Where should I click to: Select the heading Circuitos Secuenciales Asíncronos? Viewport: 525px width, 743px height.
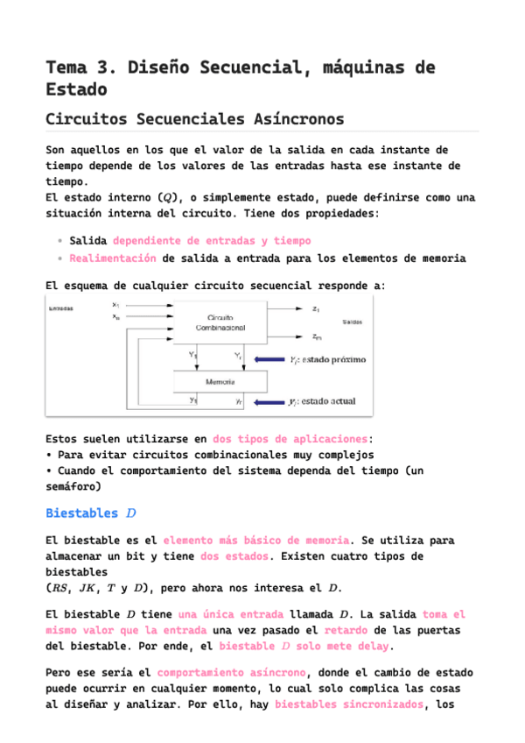[194, 118]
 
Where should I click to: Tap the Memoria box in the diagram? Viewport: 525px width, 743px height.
[220, 382]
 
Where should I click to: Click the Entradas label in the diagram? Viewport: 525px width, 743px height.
[61, 308]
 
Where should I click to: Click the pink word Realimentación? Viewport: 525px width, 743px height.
[113, 258]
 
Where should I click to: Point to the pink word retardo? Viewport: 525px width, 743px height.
[346, 630]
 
